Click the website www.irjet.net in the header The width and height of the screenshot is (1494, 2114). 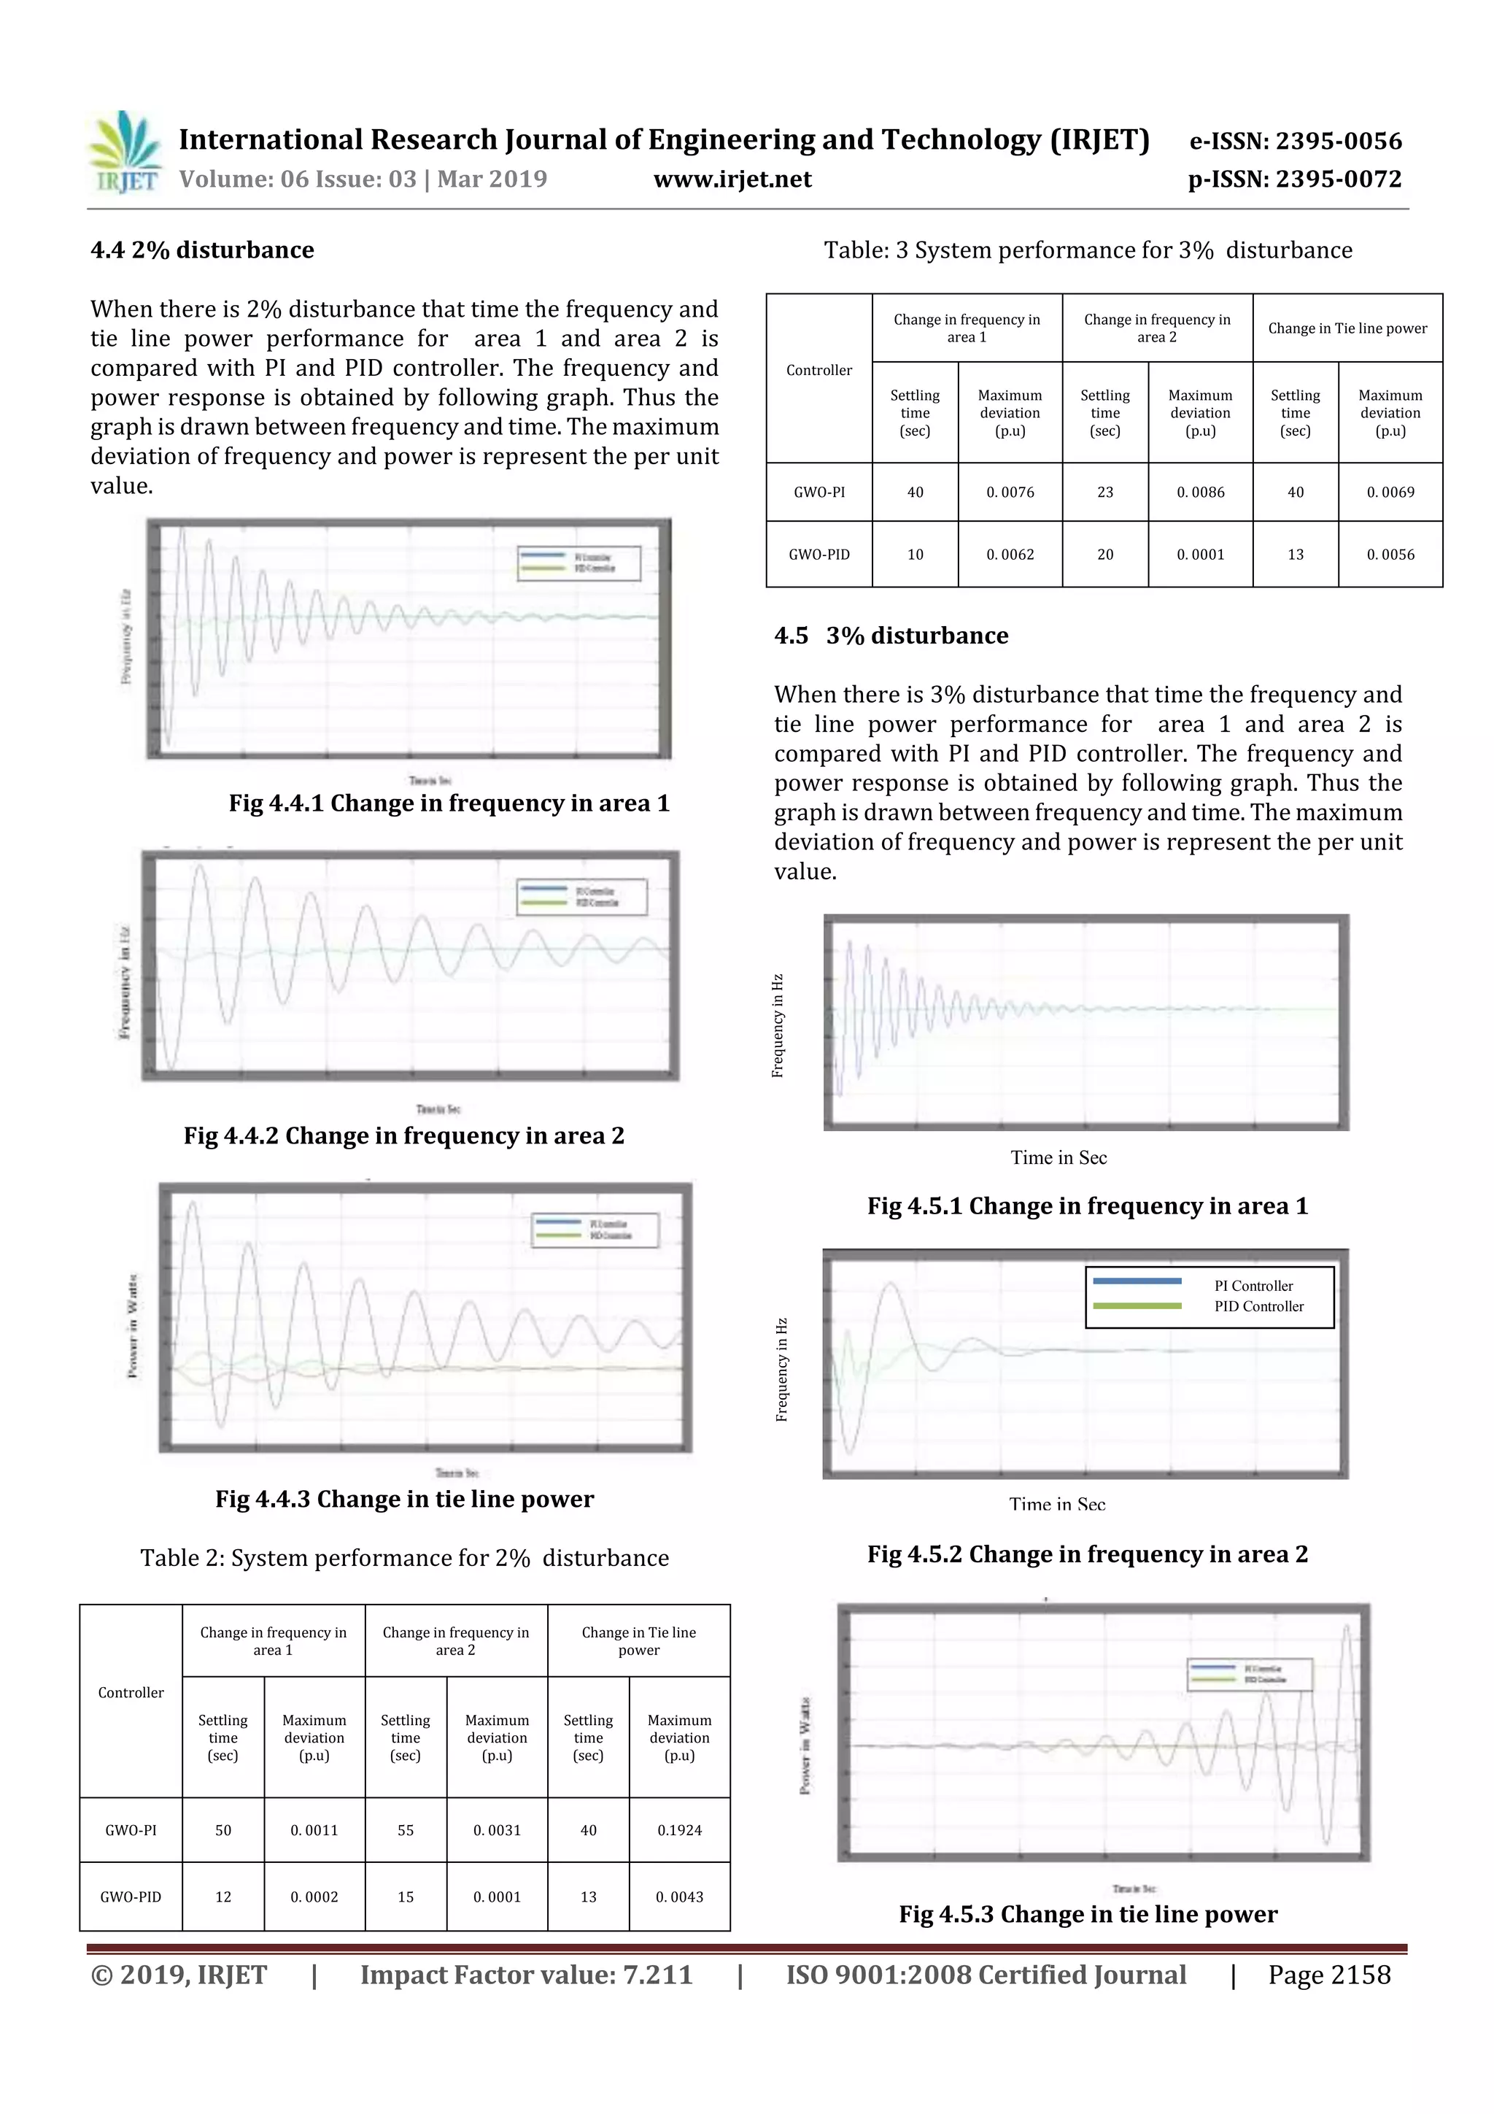pyautogui.click(x=732, y=180)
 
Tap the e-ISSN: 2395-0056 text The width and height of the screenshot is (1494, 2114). pyautogui.click(x=1295, y=141)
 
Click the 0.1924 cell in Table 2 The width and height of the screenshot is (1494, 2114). pyautogui.click(x=679, y=1830)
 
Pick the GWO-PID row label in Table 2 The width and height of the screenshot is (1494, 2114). pyautogui.click(x=131, y=1897)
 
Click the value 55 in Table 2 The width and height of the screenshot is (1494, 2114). pyautogui.click(x=406, y=1830)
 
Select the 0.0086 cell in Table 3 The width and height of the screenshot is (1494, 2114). pyautogui.click(x=1200, y=493)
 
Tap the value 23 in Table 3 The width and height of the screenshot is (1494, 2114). pyautogui.click(x=1104, y=493)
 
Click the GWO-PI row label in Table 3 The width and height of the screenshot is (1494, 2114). pyautogui.click(x=818, y=493)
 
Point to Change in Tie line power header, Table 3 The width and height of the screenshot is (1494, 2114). pyautogui.click(x=1347, y=328)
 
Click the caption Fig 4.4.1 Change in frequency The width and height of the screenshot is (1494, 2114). pyautogui.click(x=449, y=804)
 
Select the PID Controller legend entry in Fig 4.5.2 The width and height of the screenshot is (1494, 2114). pyautogui.click(x=1258, y=1306)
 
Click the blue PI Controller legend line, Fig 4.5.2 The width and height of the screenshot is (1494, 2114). pyautogui.click(x=1137, y=1281)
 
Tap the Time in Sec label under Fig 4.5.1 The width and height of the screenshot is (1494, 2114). pyautogui.click(x=1058, y=1158)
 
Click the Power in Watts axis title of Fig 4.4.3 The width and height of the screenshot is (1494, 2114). pyautogui.click(x=133, y=1327)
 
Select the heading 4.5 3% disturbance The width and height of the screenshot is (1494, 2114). pyautogui.click(x=891, y=636)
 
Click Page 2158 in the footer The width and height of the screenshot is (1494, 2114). pyautogui.click(x=1328, y=1975)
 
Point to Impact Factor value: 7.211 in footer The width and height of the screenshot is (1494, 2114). pyautogui.click(x=526, y=1975)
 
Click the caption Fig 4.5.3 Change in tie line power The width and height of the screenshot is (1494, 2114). pyautogui.click(x=1088, y=1914)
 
